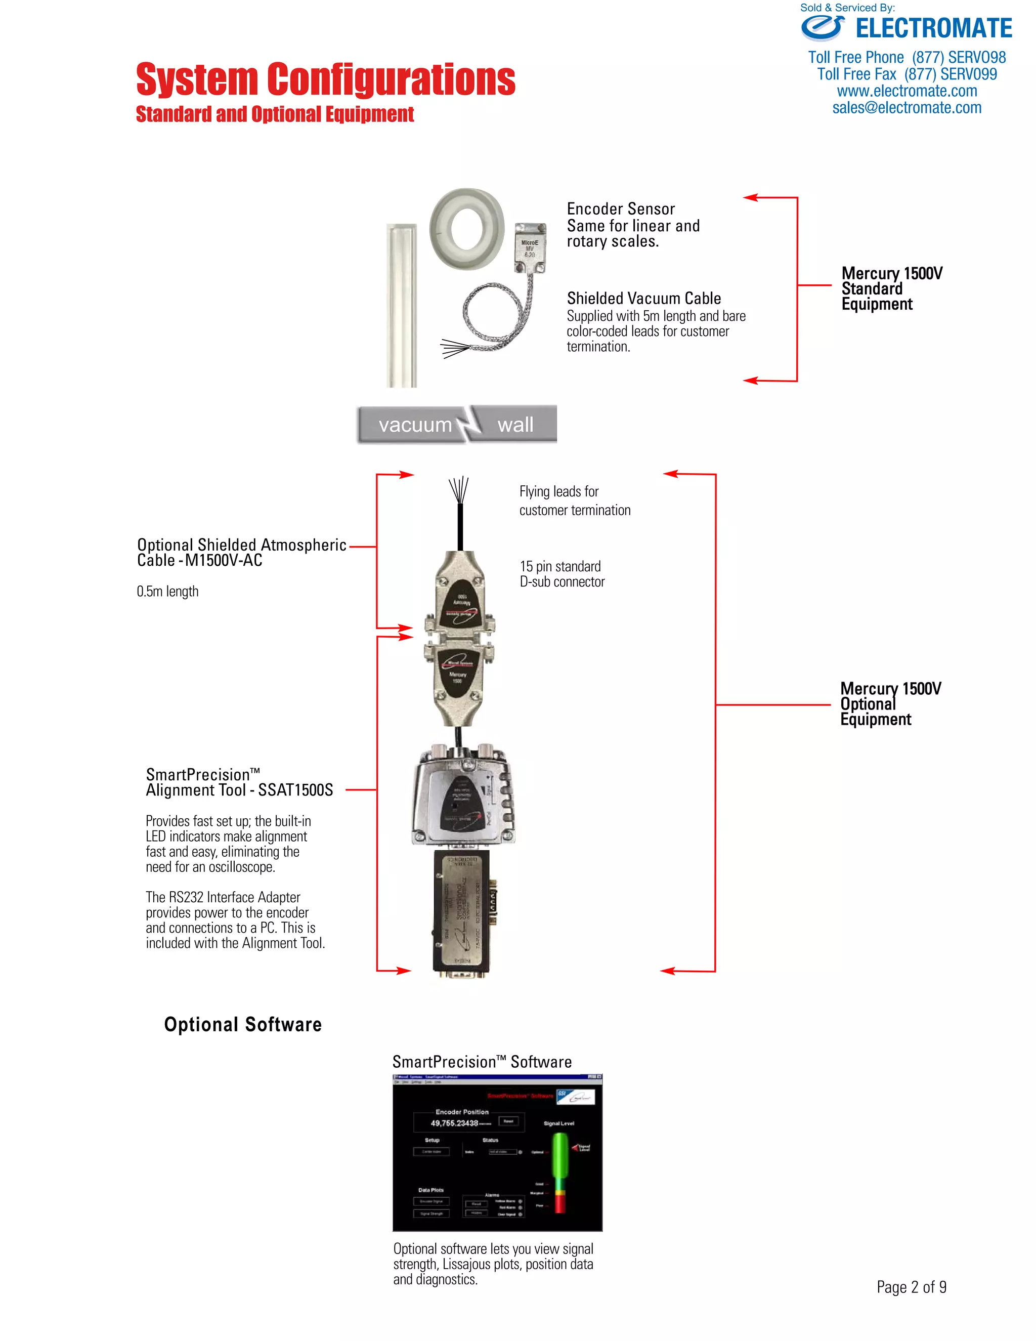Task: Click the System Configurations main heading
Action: pos(325,80)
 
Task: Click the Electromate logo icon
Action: pos(823,28)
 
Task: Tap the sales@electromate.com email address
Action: pos(906,108)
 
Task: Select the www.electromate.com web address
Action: pos(906,92)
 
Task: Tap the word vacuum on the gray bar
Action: pos(415,425)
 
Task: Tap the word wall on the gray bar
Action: pos(515,425)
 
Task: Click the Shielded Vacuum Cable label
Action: pos(643,299)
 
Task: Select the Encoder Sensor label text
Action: pos(621,209)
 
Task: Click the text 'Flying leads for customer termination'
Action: pos(575,501)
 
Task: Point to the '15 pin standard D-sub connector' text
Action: pos(562,574)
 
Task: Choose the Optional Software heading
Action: pos(242,1025)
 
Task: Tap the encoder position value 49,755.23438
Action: pos(454,1123)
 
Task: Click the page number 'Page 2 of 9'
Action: pos(911,1287)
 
